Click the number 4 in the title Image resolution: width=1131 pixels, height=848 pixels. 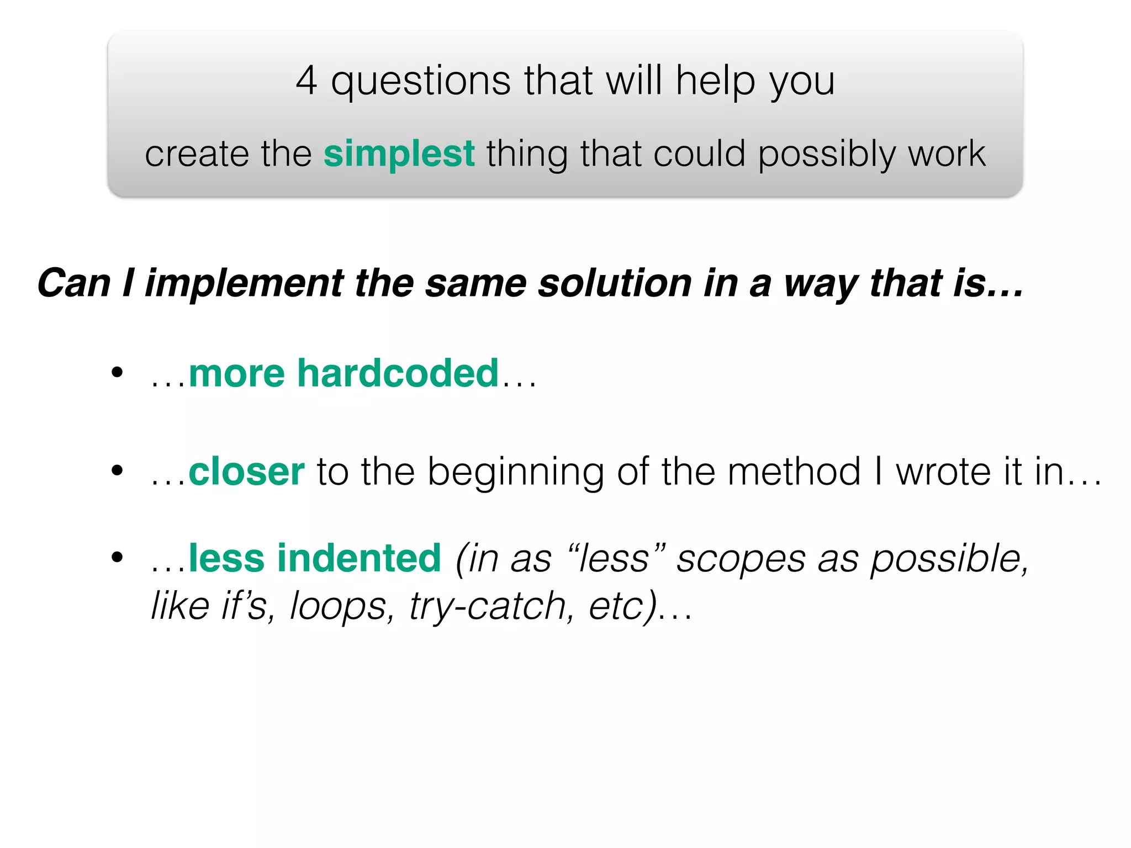click(x=306, y=81)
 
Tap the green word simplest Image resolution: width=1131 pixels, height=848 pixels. click(x=399, y=153)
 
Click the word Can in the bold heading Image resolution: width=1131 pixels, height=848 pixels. click(x=74, y=283)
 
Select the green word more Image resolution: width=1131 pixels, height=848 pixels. click(x=237, y=374)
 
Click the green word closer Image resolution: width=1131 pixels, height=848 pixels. click(x=246, y=471)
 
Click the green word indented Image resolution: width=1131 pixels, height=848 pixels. click(x=359, y=558)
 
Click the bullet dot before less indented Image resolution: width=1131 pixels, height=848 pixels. click(x=117, y=557)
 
